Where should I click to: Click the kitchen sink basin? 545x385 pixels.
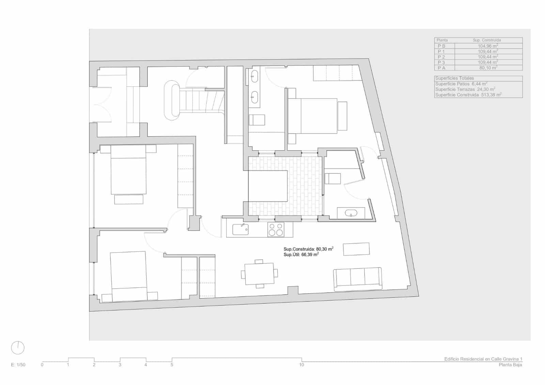240,229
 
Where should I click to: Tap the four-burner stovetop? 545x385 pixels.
276,229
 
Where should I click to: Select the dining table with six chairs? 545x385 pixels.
259,273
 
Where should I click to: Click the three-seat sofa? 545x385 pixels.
357,279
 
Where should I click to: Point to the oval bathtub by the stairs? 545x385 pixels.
172,100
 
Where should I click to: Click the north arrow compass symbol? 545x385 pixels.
18,348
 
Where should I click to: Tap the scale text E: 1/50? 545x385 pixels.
18,365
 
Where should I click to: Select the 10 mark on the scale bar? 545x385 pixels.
301,365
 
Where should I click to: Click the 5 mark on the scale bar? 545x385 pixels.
172,365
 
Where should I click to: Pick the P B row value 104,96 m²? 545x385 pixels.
488,46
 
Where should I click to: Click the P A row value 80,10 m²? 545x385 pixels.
488,68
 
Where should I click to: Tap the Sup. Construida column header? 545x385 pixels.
487,40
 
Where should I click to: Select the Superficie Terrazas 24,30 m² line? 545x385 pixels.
465,89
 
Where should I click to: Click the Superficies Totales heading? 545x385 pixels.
454,78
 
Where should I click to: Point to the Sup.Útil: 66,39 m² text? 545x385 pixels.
301,255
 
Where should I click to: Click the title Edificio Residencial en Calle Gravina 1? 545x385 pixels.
483,359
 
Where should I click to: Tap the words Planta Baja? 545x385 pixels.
510,365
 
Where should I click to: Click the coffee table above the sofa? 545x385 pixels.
356,249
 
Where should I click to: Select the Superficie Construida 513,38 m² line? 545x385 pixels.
468,95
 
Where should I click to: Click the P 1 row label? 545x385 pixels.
441,51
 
